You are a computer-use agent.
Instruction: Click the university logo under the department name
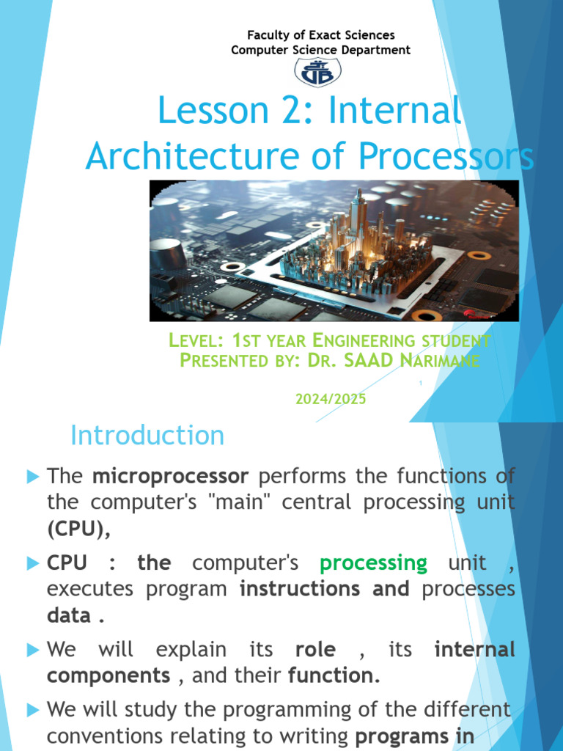click(x=317, y=73)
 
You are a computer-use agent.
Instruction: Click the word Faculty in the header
click(x=268, y=35)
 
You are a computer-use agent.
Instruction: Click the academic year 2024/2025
click(x=331, y=399)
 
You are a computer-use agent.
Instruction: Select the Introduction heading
click(x=147, y=436)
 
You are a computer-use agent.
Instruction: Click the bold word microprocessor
click(x=170, y=477)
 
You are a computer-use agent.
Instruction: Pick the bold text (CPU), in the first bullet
click(x=78, y=529)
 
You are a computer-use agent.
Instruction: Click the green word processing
click(x=373, y=563)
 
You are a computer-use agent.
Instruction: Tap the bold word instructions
click(x=300, y=589)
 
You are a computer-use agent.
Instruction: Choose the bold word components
click(x=108, y=675)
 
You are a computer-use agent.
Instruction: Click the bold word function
click(x=334, y=675)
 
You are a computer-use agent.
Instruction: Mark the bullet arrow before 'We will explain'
click(x=33, y=650)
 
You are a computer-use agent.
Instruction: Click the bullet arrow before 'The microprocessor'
click(x=33, y=477)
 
